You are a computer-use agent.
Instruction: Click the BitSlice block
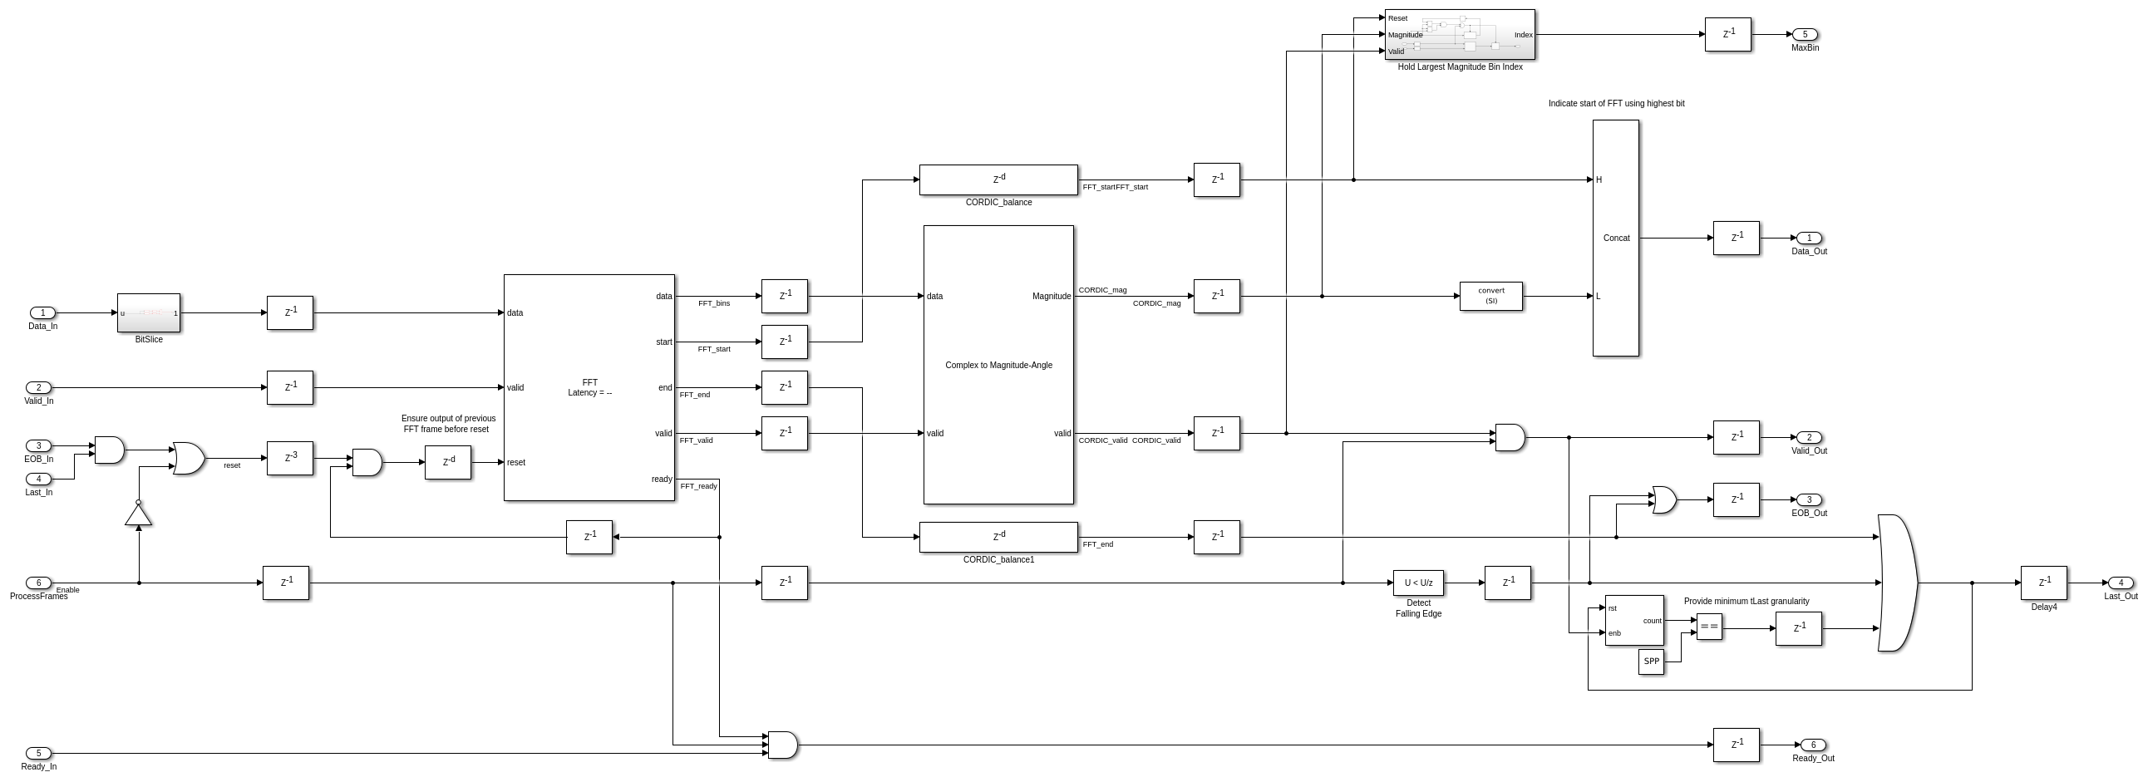(x=149, y=312)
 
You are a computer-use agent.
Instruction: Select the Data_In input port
(x=42, y=312)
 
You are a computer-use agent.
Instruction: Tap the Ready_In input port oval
(x=38, y=753)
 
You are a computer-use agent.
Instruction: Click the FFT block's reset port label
(x=516, y=462)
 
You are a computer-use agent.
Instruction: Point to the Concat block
(x=1615, y=238)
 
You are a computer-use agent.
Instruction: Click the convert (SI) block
(x=1491, y=296)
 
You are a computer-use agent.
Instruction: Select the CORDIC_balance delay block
(x=998, y=180)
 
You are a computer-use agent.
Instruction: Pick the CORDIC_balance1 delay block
(x=998, y=537)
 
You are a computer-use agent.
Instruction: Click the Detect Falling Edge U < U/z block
(x=1417, y=583)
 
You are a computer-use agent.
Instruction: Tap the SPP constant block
(x=1651, y=662)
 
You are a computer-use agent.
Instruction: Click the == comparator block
(x=1708, y=626)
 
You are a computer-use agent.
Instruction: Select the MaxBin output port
(x=1805, y=34)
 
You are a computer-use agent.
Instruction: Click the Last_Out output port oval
(x=2121, y=583)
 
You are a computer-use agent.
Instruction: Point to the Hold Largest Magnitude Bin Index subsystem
(x=1459, y=34)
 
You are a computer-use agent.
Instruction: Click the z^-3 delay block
(x=289, y=458)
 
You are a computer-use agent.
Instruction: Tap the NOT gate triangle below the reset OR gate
(x=139, y=515)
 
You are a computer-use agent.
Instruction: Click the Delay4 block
(x=2043, y=583)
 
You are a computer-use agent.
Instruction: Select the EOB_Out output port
(x=1809, y=499)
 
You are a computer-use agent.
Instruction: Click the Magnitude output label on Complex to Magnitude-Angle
(x=1051, y=296)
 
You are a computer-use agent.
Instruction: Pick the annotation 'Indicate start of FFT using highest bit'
(x=1616, y=103)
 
